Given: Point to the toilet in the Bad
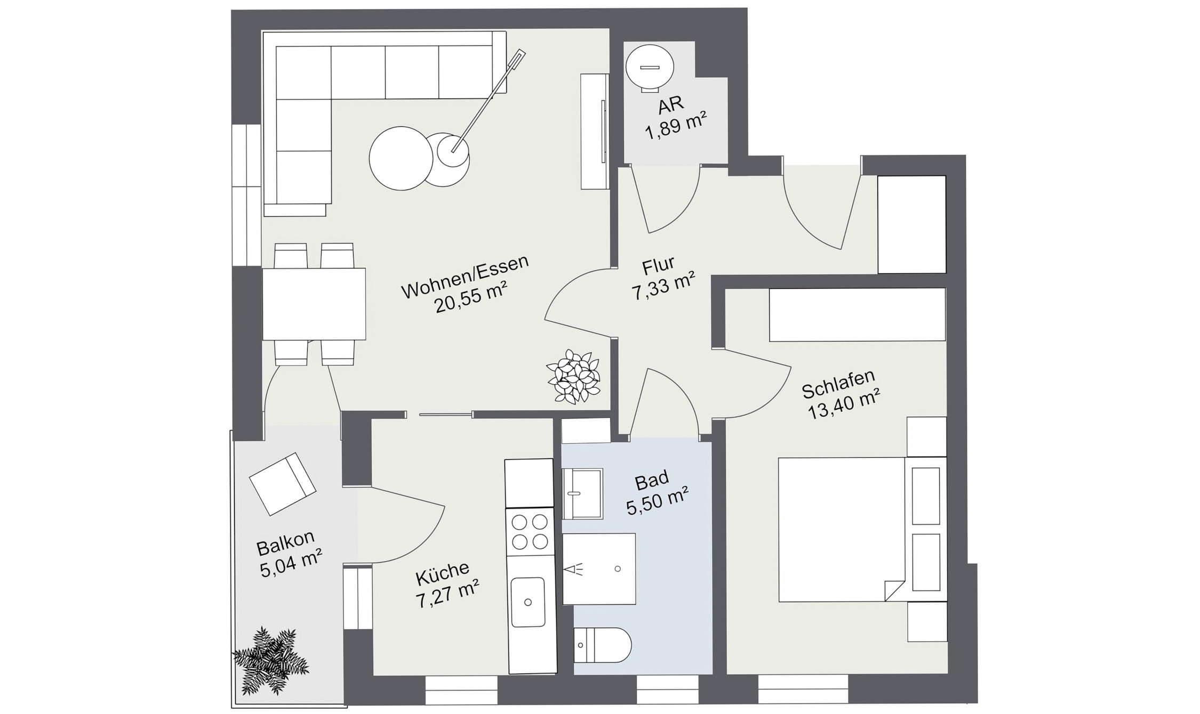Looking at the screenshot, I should pyautogui.click(x=602, y=645).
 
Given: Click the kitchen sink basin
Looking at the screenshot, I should pyautogui.click(x=527, y=602).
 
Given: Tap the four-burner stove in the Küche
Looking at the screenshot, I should pyautogui.click(x=530, y=531).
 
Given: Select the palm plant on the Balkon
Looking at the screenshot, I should pyautogui.click(x=271, y=661).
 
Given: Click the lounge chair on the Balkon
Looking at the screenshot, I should pyautogui.click(x=283, y=483).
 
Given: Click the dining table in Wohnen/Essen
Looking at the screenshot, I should pyautogui.click(x=314, y=304).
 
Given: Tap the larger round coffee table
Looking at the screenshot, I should pyautogui.click(x=401, y=158).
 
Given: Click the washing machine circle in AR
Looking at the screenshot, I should pyautogui.click(x=650, y=68).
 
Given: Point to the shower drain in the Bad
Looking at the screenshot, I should pyautogui.click(x=618, y=569).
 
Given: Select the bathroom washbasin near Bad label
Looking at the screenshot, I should pyautogui.click(x=582, y=493).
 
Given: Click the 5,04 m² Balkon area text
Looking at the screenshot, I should pyautogui.click(x=291, y=566).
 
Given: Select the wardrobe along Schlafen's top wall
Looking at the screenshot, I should pyautogui.click(x=857, y=314).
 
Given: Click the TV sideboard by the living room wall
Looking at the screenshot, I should pyautogui.click(x=595, y=132).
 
